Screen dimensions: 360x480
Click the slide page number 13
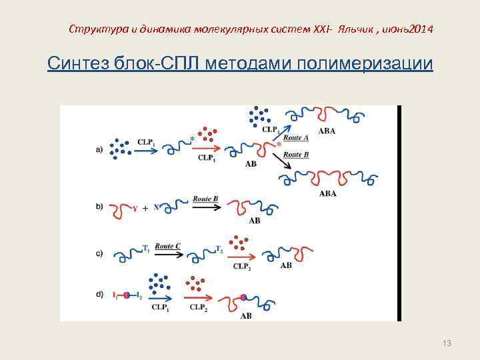[447, 343]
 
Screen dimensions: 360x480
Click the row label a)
[99, 149]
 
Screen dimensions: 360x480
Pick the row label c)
[99, 253]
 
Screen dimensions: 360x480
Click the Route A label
[296, 138]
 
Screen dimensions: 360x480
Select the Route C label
[168, 246]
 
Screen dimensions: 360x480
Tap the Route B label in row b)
[206, 199]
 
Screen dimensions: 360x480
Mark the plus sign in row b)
[144, 207]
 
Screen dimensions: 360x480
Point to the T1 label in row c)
[146, 248]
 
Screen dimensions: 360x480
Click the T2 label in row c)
[220, 249]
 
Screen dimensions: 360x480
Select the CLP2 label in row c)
[241, 265]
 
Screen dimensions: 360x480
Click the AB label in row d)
[245, 315]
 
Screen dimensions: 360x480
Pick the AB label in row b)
[254, 220]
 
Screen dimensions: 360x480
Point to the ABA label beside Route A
[327, 131]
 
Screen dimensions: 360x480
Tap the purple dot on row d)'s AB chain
[244, 297]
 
